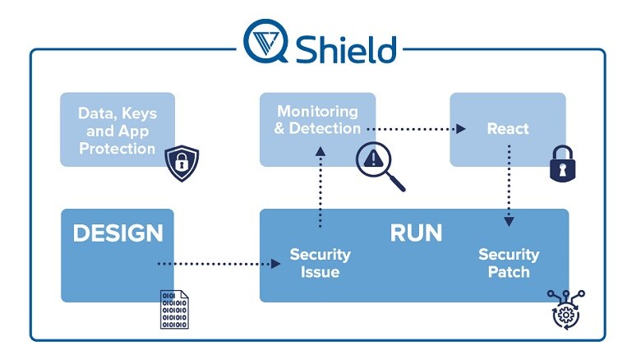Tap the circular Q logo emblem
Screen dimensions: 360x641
[265, 42]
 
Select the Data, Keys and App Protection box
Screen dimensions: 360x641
[117, 130]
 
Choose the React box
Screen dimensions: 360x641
[507, 129]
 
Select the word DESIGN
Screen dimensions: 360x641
[118, 233]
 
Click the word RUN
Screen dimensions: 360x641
[416, 233]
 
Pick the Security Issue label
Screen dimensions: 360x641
[320, 263]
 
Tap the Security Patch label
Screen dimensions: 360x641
[509, 263]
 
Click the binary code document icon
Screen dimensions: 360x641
[173, 309]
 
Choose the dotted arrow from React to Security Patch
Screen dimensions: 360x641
[509, 186]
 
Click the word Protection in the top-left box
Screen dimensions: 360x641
[117, 149]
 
